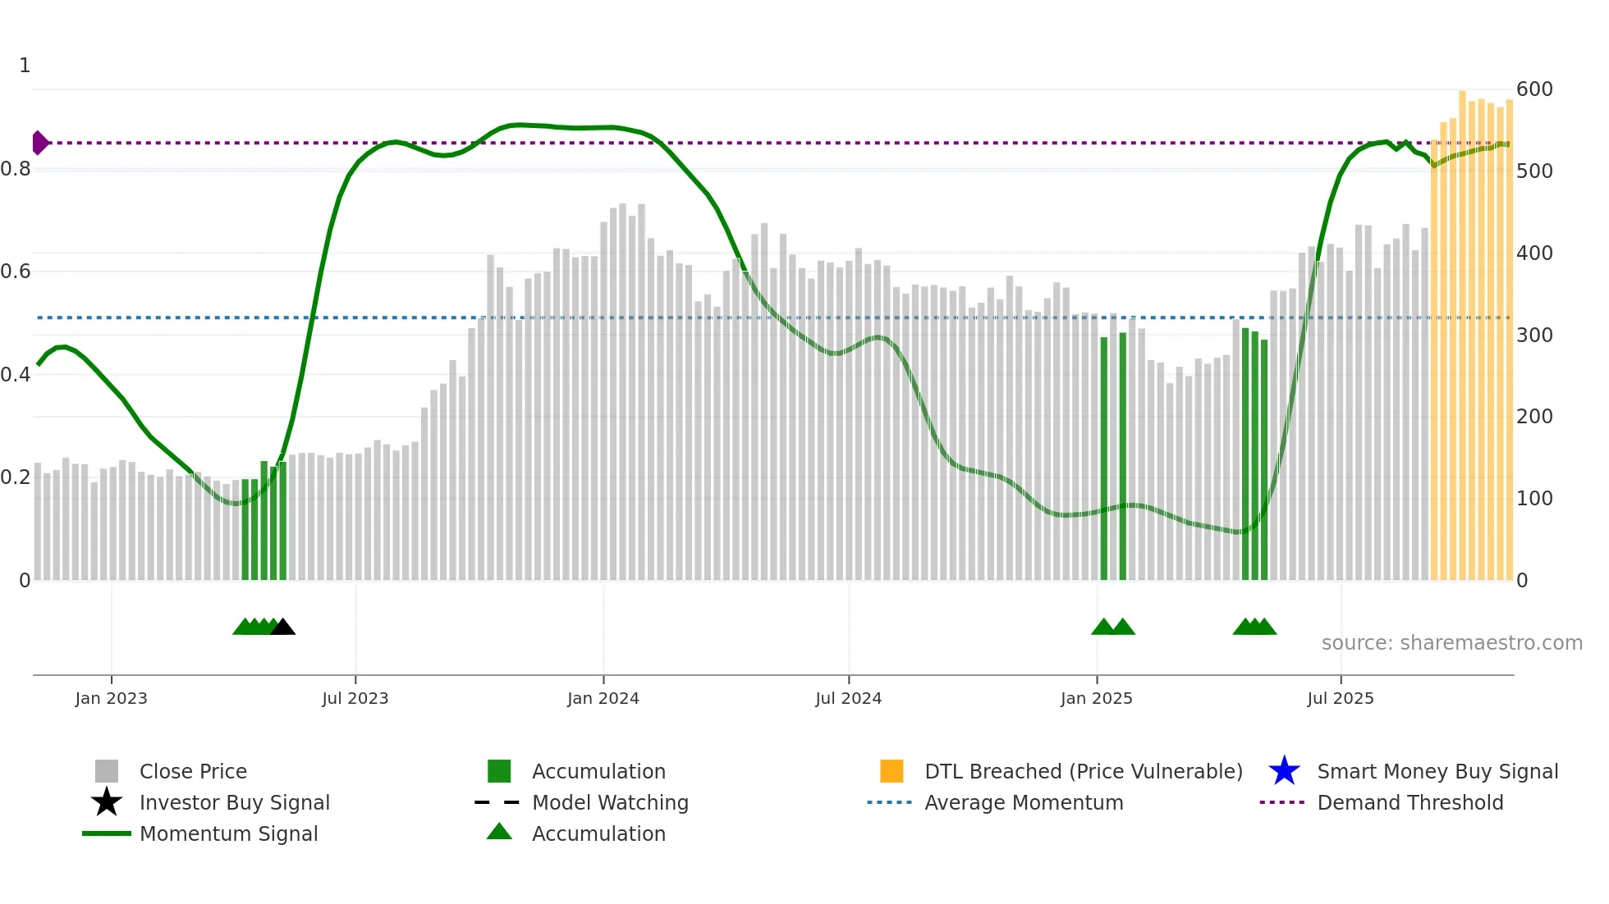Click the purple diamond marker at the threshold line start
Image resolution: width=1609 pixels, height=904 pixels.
click(x=39, y=143)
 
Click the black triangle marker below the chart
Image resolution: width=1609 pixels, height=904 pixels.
click(x=282, y=628)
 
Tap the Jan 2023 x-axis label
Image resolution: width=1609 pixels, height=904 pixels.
click(x=111, y=698)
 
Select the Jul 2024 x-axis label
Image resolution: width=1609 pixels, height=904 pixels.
click(x=848, y=698)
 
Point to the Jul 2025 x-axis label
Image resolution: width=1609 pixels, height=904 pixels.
click(x=1340, y=698)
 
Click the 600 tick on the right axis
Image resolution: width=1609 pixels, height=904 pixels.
click(x=1534, y=89)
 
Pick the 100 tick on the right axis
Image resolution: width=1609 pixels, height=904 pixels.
click(x=1534, y=499)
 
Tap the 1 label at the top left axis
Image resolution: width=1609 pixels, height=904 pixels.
click(x=25, y=66)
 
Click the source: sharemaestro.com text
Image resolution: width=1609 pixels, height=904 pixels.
click(x=1451, y=643)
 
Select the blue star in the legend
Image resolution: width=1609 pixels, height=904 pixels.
click(x=1284, y=771)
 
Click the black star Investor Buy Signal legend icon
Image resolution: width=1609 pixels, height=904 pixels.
click(x=107, y=802)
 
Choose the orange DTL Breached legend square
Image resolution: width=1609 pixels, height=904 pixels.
click(x=892, y=771)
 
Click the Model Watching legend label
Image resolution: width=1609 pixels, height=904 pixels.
click(x=610, y=802)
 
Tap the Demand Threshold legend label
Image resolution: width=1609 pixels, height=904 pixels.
click(x=1410, y=802)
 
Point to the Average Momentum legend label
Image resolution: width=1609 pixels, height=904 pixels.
click(x=1024, y=802)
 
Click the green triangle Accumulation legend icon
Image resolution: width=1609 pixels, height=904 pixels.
click(x=499, y=833)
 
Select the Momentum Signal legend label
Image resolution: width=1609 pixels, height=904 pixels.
click(x=228, y=833)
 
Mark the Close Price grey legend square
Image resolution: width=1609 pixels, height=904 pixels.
click(x=107, y=771)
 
